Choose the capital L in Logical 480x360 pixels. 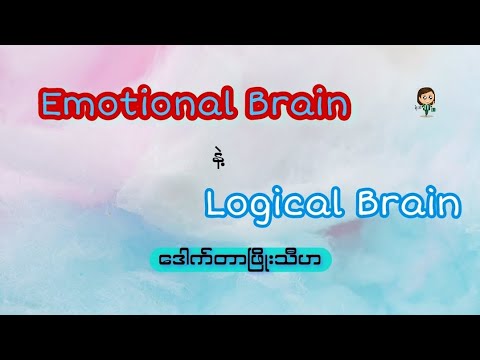click(213, 202)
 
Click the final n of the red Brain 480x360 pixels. click(341, 105)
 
